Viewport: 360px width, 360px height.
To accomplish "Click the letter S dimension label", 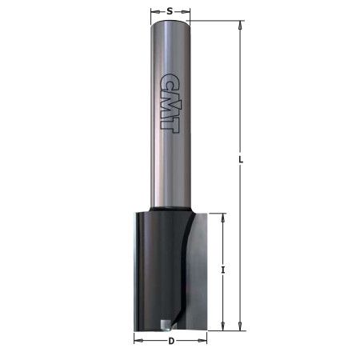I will coord(170,11).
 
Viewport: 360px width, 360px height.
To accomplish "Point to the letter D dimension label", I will coord(170,342).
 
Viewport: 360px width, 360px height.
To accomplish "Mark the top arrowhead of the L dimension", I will coord(241,26).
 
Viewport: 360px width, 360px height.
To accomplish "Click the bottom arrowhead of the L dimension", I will coord(241,326).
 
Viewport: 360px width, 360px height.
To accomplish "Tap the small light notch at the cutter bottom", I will coord(165,325).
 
